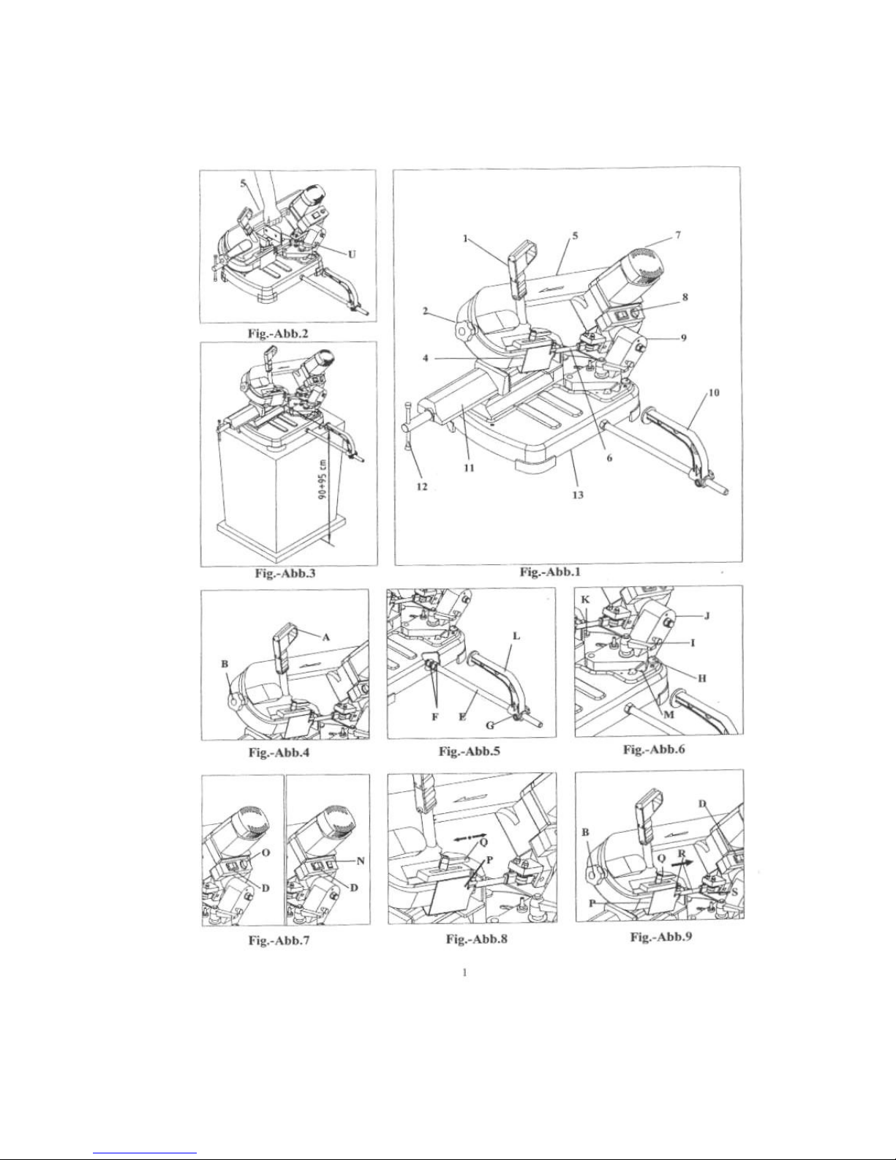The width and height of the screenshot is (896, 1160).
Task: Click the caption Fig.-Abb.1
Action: (550, 572)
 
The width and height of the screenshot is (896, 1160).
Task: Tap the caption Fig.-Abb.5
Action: (470, 751)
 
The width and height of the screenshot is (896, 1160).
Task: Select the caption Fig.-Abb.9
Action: (660, 936)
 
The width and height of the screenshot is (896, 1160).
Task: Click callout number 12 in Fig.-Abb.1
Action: (422, 487)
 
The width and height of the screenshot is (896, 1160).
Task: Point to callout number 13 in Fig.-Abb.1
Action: (578, 495)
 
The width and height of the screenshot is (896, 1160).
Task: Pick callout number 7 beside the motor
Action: (677, 235)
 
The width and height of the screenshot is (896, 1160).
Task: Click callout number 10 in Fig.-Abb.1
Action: (714, 393)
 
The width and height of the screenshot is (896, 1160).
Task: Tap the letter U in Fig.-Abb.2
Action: (352, 254)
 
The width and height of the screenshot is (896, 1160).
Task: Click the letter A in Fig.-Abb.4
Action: (326, 637)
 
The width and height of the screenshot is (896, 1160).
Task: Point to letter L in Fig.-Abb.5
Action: (516, 636)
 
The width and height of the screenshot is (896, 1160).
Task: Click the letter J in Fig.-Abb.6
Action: (707, 616)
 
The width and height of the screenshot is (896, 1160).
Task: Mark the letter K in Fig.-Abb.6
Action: (585, 600)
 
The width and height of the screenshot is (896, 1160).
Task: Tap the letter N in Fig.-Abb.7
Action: (361, 861)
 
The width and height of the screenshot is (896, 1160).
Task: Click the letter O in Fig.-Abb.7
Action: (266, 853)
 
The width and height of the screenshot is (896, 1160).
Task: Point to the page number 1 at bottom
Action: (464, 972)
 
